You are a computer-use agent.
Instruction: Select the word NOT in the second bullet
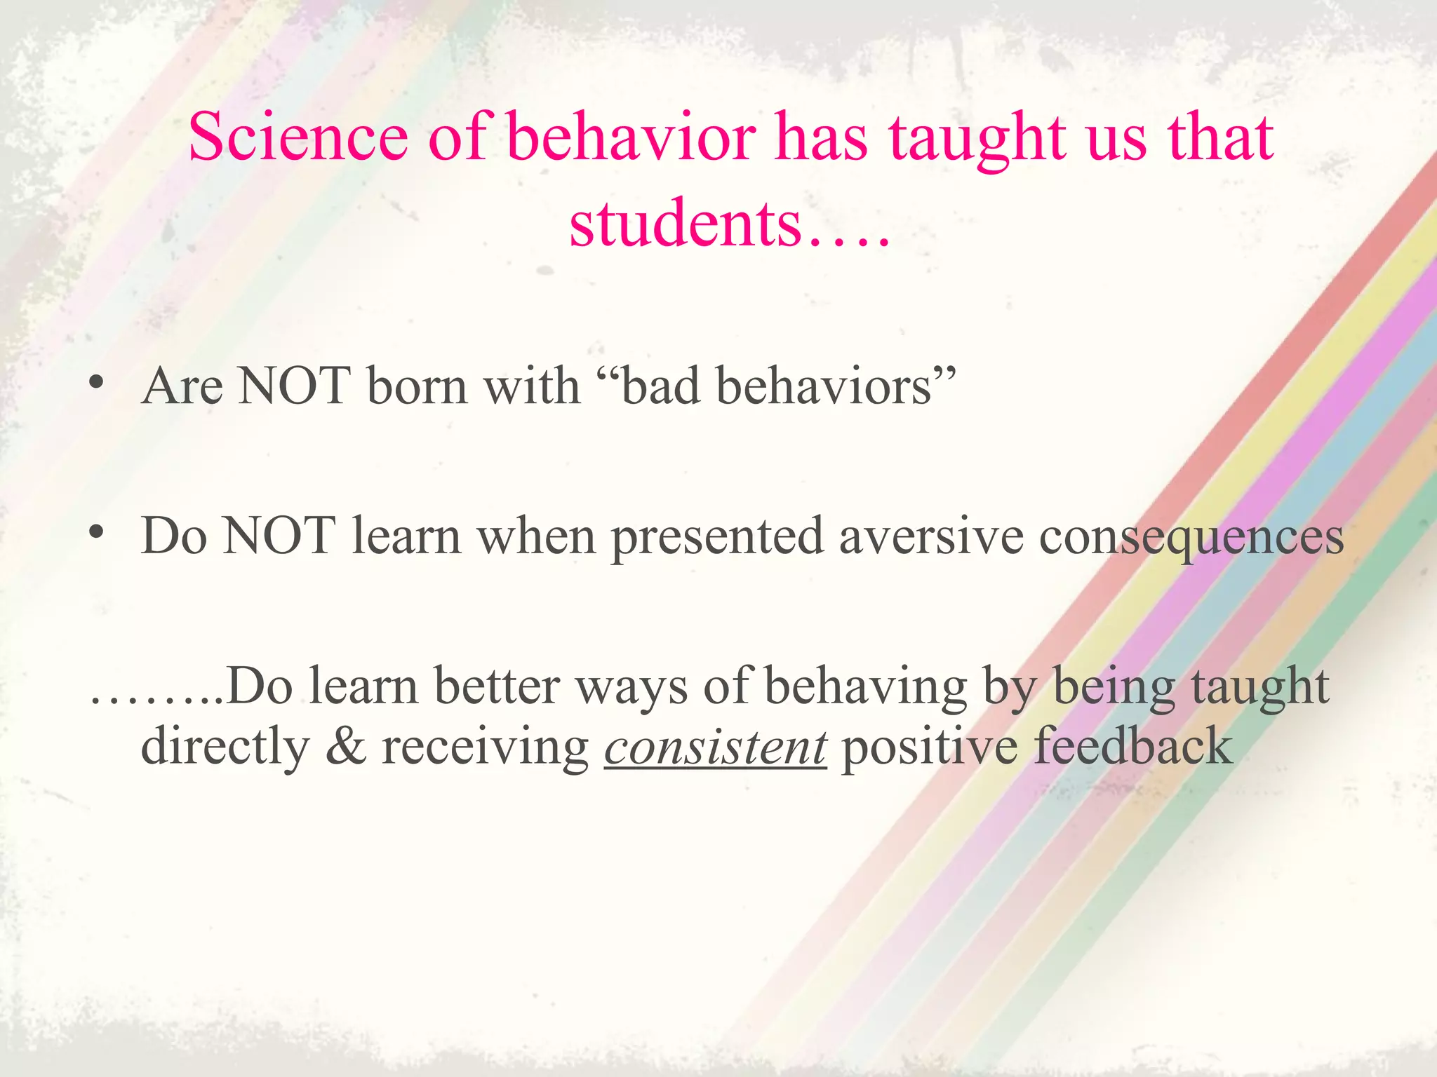point(279,536)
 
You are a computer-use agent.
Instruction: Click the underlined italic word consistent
point(715,747)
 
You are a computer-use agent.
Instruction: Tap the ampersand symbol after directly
point(345,746)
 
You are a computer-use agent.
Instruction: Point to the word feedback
point(1134,746)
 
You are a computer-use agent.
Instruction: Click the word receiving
point(485,747)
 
